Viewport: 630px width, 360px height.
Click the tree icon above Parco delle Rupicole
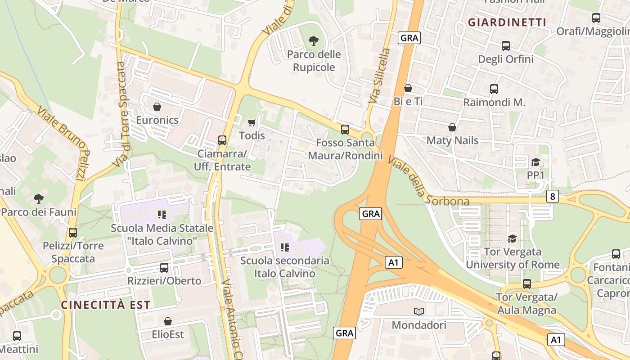(x=314, y=41)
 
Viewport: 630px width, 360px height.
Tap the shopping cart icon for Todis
(x=252, y=122)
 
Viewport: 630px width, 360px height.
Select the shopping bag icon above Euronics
(x=157, y=107)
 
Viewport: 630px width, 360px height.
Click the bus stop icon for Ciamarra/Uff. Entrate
(x=222, y=140)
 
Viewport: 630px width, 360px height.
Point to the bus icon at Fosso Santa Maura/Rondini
(x=345, y=129)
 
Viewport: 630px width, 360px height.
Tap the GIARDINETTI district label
(x=507, y=22)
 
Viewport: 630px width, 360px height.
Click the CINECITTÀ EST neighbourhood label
(x=106, y=305)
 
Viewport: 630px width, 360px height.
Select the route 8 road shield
(x=553, y=196)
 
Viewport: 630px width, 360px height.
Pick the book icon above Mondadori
(x=419, y=311)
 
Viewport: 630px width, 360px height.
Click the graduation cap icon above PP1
(x=535, y=162)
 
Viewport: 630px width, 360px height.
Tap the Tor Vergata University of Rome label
(x=513, y=258)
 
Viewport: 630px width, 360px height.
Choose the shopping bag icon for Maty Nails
(x=452, y=127)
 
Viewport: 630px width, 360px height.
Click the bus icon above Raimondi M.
(x=494, y=89)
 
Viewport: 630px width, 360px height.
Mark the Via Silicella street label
(x=379, y=76)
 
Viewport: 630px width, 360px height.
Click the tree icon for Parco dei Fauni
(x=39, y=198)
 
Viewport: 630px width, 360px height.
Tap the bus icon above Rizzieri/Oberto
(x=164, y=267)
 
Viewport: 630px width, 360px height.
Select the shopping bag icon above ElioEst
(x=168, y=321)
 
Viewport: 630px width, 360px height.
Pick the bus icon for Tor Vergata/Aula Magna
(x=526, y=284)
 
